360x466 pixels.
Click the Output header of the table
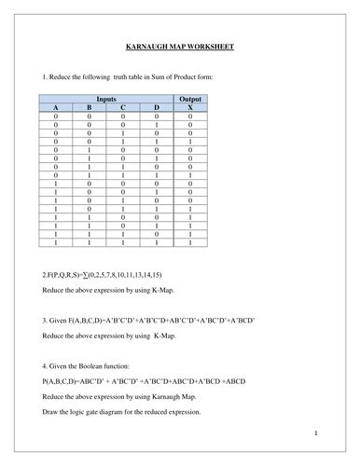point(190,97)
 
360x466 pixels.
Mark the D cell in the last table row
point(157,243)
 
